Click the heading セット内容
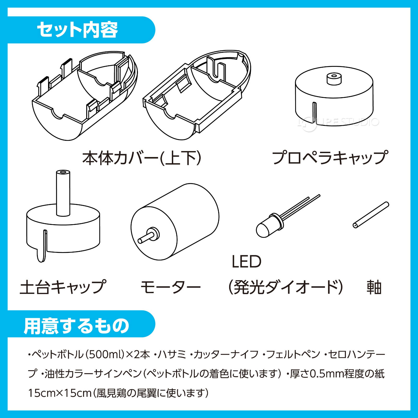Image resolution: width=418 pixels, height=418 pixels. pyautogui.click(x=77, y=30)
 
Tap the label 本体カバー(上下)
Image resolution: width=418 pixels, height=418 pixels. pyautogui.click(x=142, y=158)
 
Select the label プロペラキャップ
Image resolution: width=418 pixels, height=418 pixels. pyautogui.click(x=330, y=158)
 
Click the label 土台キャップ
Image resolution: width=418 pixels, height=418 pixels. pyautogui.click(x=63, y=287)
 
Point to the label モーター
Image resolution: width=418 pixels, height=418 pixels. pyautogui.click(x=170, y=287)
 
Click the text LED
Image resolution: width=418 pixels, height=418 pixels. pyautogui.click(x=246, y=262)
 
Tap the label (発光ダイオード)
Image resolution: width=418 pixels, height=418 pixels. pyautogui.click(x=285, y=287)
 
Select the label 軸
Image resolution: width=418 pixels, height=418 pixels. pyautogui.click(x=374, y=287)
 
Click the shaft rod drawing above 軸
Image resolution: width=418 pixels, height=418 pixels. pyautogui.click(x=371, y=215)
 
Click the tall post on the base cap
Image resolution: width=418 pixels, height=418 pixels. pyautogui.click(x=63, y=193)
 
